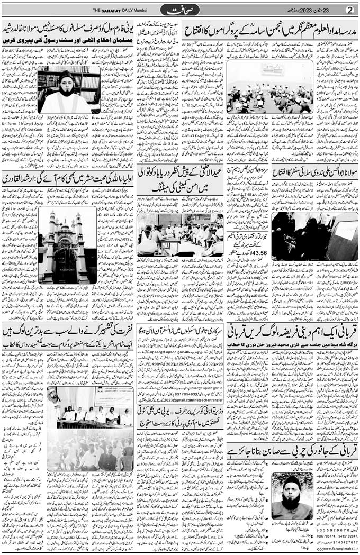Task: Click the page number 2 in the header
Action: click(349, 10)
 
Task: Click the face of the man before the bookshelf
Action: click(67, 85)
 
